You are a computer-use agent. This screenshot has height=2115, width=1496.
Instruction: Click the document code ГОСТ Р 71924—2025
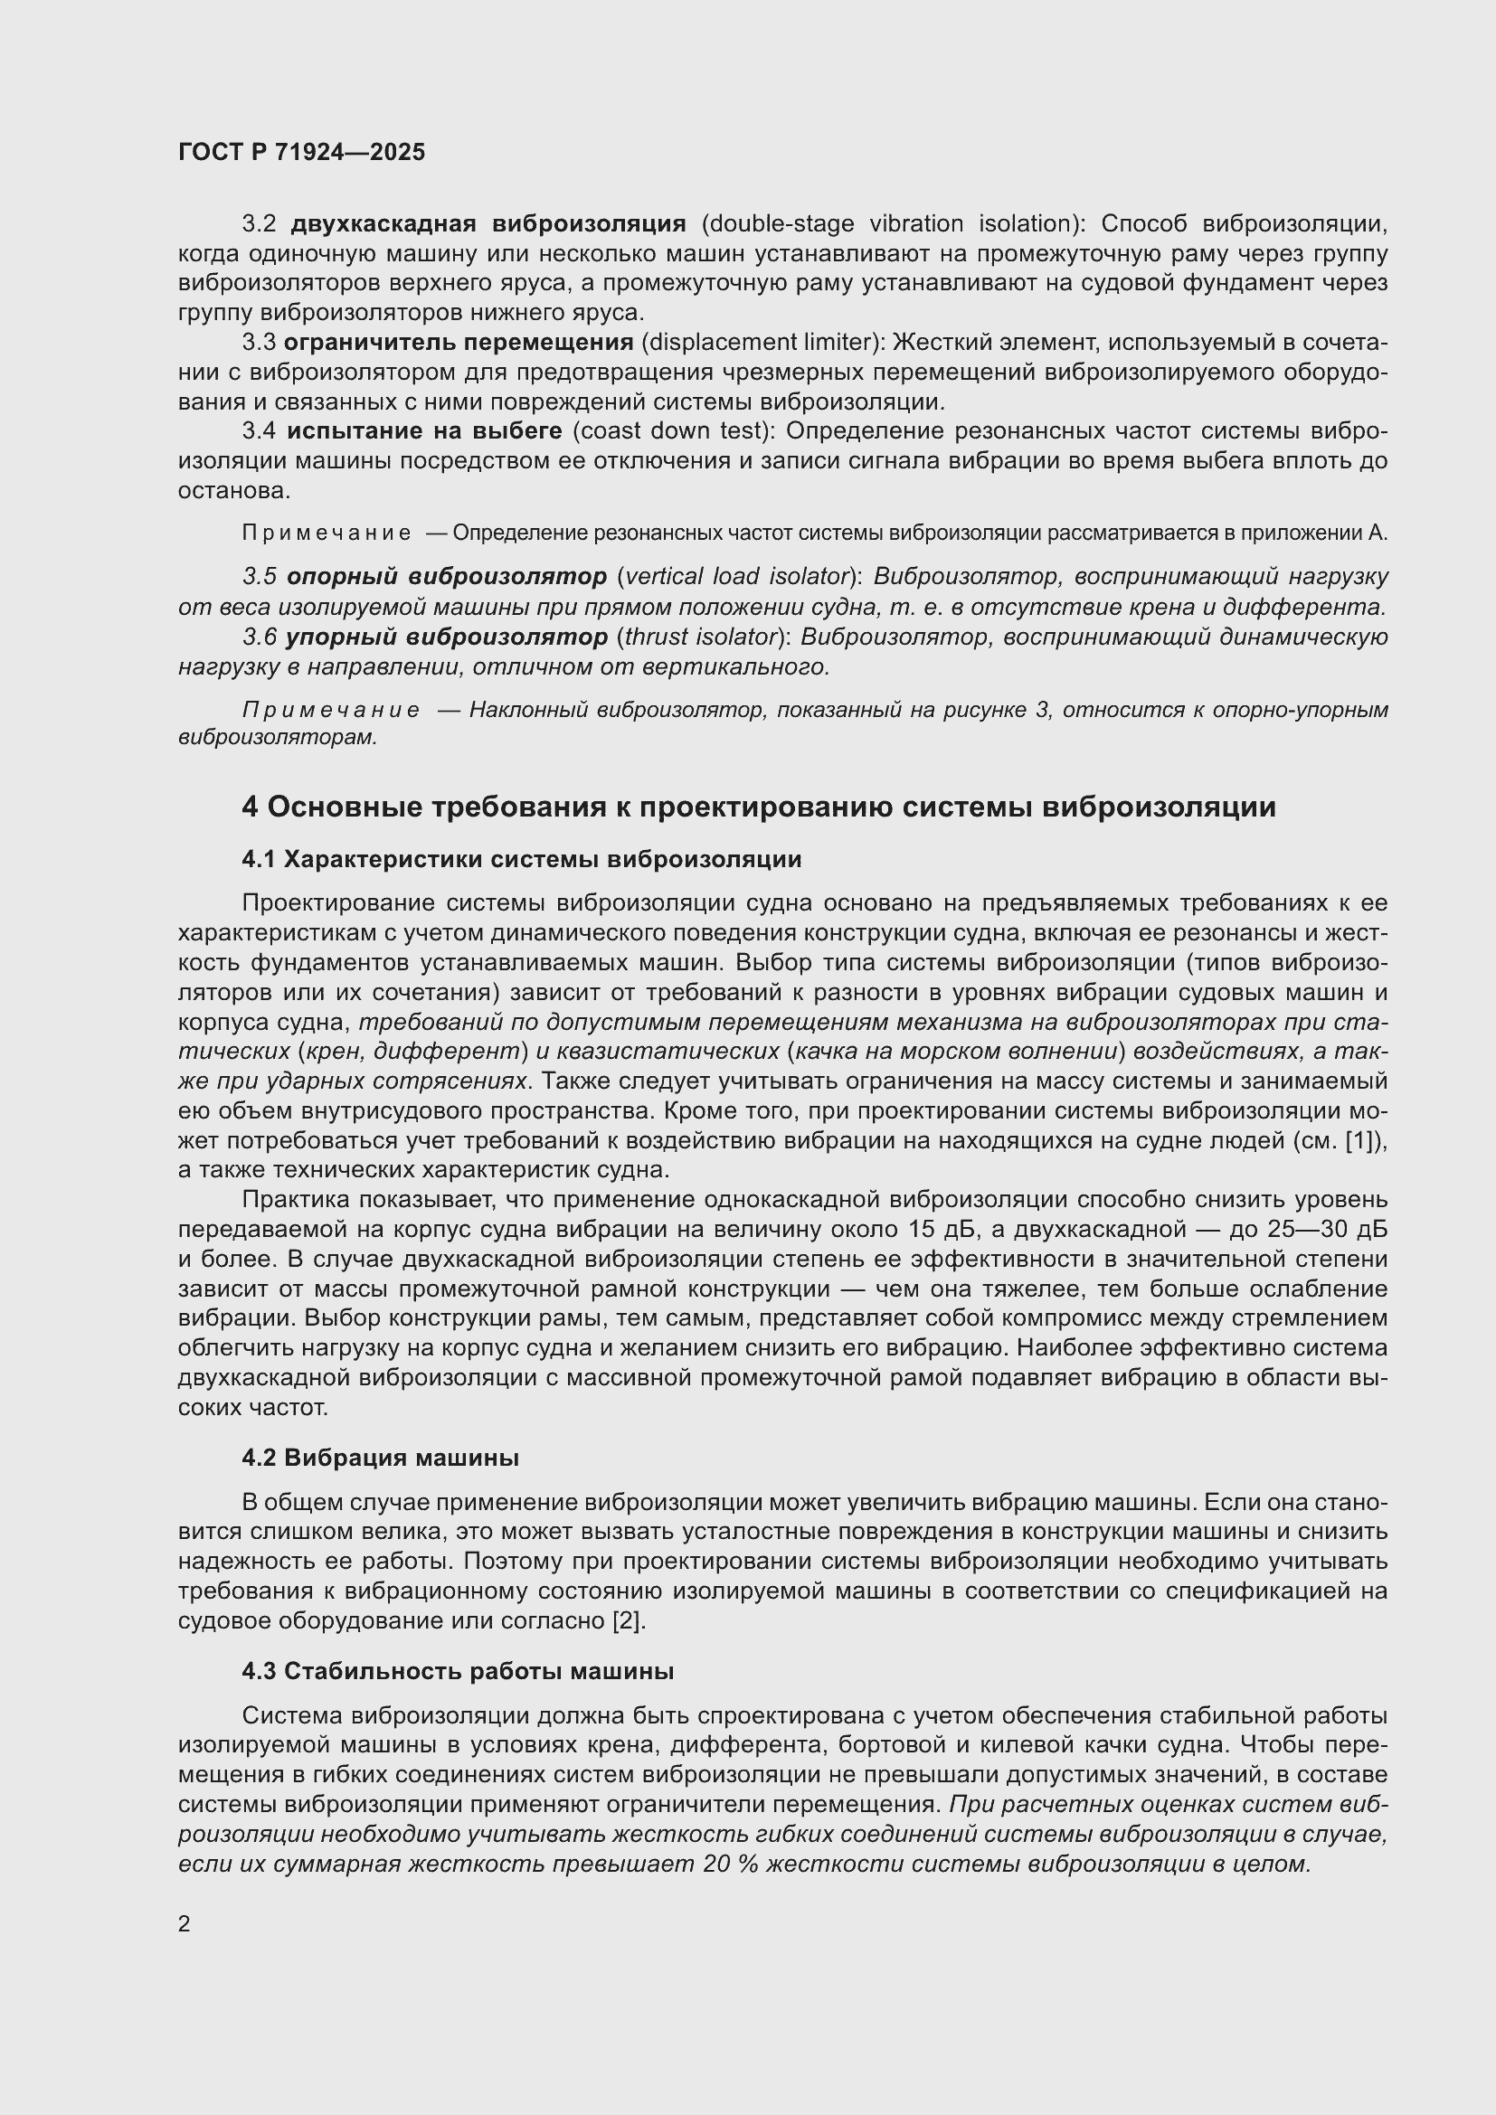tap(301, 152)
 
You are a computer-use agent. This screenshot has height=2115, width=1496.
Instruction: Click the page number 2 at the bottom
tap(185, 1923)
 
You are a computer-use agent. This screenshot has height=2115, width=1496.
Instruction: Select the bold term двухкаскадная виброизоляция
tap(488, 224)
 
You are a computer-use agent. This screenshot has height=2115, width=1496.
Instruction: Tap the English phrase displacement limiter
tap(762, 343)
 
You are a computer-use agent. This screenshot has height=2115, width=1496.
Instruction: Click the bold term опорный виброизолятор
tap(447, 577)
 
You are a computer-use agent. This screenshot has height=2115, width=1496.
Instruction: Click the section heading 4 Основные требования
tap(758, 807)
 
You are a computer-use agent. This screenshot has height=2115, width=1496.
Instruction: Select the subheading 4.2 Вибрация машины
tap(380, 1458)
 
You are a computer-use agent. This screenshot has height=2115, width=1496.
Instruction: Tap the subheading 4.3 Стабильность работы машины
tap(458, 1671)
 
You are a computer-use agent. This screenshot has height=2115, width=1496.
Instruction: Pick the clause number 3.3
tap(259, 343)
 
